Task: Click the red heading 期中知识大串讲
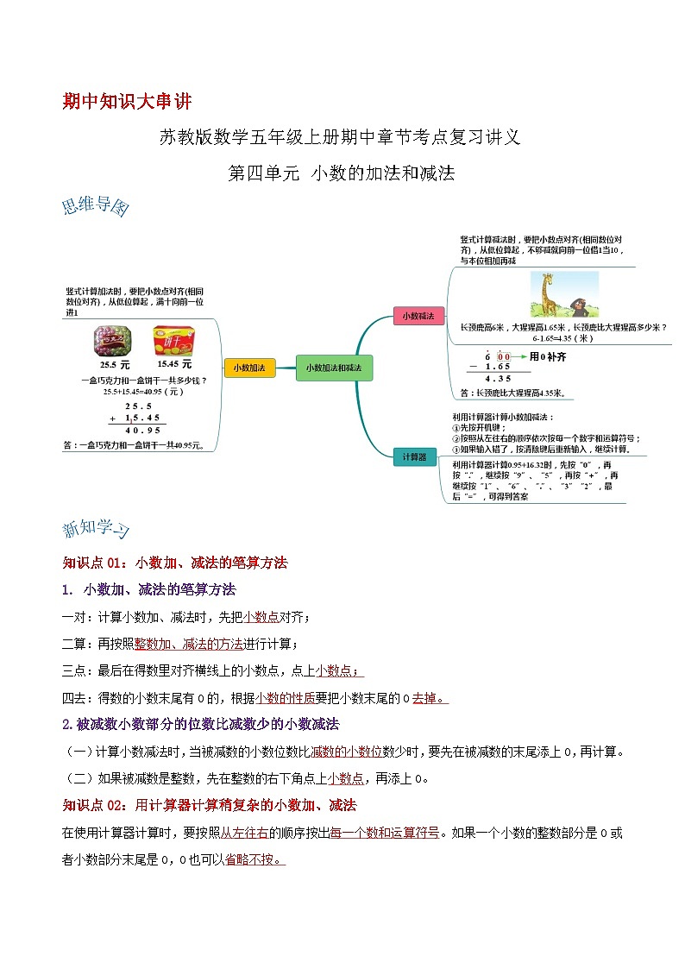pyautogui.click(x=126, y=101)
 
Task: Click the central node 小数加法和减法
pyautogui.click(x=334, y=368)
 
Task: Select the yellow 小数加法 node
pyautogui.click(x=248, y=368)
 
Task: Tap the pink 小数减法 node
pyautogui.click(x=418, y=317)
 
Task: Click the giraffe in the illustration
pyautogui.click(x=545, y=293)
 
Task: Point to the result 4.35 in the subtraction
pyautogui.click(x=498, y=378)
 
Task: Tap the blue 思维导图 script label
pyautogui.click(x=95, y=208)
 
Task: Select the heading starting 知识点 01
pyautogui.click(x=174, y=563)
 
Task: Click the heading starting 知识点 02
pyautogui.click(x=209, y=805)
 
